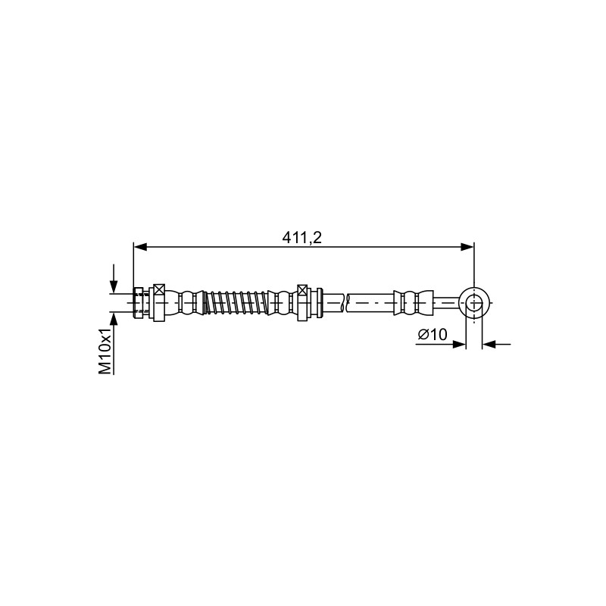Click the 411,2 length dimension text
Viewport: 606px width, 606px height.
point(301,238)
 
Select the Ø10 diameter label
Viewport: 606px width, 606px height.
point(432,334)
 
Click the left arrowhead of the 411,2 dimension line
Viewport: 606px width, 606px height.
point(140,247)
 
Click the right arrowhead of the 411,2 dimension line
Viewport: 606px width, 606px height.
point(467,247)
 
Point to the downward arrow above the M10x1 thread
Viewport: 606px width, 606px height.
point(113,278)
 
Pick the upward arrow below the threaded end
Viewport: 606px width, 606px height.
point(113,343)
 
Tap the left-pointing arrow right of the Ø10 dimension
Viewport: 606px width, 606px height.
point(497,344)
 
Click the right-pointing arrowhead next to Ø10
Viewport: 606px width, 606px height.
point(459,344)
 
